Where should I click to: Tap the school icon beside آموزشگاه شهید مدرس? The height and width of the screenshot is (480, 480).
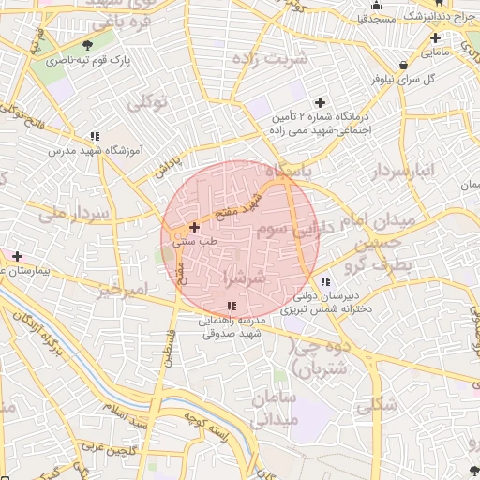pos(95,135)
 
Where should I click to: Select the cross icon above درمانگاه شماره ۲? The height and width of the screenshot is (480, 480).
pos(321,102)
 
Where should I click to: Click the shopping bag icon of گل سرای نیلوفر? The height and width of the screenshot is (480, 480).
pos(403,65)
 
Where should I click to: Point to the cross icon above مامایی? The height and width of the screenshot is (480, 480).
pos(435,38)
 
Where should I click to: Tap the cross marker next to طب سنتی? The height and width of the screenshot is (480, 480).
pos(194,226)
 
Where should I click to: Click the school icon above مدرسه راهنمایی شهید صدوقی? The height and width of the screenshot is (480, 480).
pos(232,306)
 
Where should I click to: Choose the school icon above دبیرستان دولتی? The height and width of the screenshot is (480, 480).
pos(324,281)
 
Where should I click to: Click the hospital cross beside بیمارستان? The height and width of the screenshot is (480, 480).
pos(17,255)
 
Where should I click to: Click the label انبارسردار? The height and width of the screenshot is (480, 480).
pos(403,172)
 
